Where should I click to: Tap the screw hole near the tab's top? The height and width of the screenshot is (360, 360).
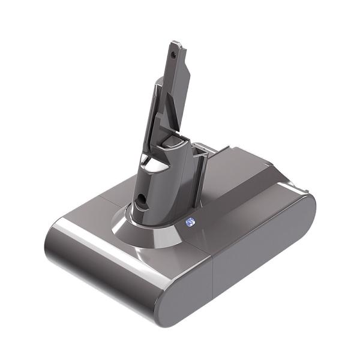[x=174, y=54]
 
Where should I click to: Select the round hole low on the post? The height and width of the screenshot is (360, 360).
[x=142, y=197]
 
